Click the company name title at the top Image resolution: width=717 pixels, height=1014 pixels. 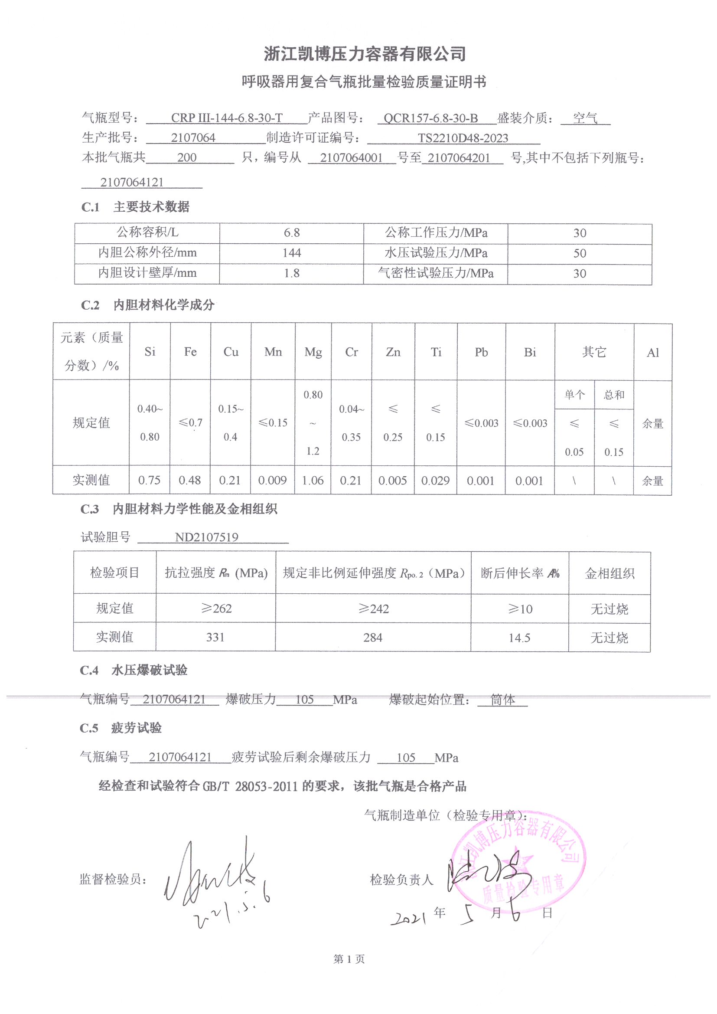(365, 54)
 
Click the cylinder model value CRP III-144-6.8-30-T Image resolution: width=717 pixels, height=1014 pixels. (226, 118)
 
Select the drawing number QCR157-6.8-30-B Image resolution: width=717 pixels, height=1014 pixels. (430, 118)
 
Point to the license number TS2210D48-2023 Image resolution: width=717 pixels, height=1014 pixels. (463, 138)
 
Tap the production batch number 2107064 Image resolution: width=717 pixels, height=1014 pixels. (193, 138)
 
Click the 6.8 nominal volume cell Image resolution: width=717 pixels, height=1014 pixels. (292, 233)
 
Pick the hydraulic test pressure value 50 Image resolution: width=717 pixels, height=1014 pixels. (579, 253)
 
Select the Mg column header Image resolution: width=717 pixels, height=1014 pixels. (313, 352)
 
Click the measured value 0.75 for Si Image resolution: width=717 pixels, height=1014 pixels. (149, 480)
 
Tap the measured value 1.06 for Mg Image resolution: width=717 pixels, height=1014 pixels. (313, 480)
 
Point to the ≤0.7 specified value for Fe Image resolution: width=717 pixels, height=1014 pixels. (190, 423)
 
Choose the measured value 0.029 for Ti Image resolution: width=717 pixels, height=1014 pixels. (435, 481)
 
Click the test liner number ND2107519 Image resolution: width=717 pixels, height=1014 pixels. (207, 537)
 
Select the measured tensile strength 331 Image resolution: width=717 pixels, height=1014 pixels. (215, 637)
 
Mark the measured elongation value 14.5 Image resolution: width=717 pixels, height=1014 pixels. (519, 637)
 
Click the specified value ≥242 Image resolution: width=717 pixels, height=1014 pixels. (374, 608)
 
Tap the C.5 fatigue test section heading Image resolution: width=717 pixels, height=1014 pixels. (121, 728)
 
